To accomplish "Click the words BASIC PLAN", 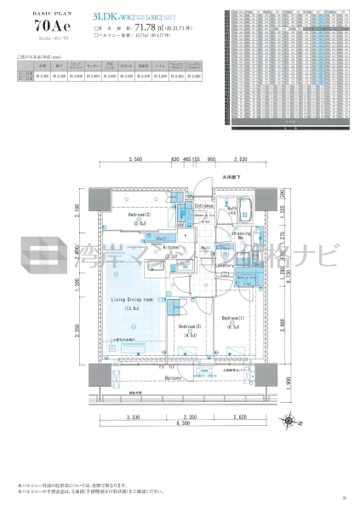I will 31,13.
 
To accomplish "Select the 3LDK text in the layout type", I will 106,14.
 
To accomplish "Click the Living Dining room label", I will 129,300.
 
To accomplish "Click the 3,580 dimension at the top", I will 133,159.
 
